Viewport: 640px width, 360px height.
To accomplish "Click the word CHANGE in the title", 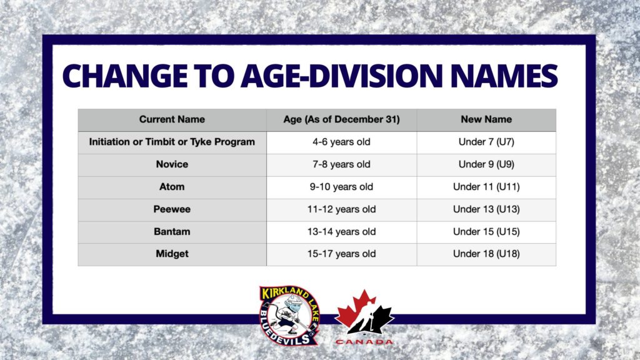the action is point(125,76).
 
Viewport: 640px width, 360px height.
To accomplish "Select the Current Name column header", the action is point(172,119).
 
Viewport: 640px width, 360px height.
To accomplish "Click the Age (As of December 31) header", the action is point(341,119).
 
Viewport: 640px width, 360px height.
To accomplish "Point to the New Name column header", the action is point(486,119).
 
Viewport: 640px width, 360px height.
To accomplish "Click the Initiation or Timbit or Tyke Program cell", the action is point(172,142).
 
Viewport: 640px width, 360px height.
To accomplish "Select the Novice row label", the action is point(172,164).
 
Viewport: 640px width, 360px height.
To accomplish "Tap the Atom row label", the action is point(172,187).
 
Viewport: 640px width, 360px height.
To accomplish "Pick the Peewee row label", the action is point(172,209).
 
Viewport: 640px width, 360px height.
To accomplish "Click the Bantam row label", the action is point(172,232).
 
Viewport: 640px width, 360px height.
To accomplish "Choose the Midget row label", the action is point(172,254).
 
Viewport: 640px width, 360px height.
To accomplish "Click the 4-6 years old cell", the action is point(341,142).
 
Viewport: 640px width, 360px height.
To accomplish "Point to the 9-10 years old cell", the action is point(341,187).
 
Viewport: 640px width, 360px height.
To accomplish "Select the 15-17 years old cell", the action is point(341,254).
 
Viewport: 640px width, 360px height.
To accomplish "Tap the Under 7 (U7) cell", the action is point(486,142).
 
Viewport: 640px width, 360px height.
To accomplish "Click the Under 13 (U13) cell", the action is point(486,209).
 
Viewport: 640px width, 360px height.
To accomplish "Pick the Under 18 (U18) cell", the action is point(486,254).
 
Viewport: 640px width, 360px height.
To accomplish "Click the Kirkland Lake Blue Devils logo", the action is point(289,316).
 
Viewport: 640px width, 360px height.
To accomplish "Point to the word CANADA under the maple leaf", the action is point(364,342).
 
